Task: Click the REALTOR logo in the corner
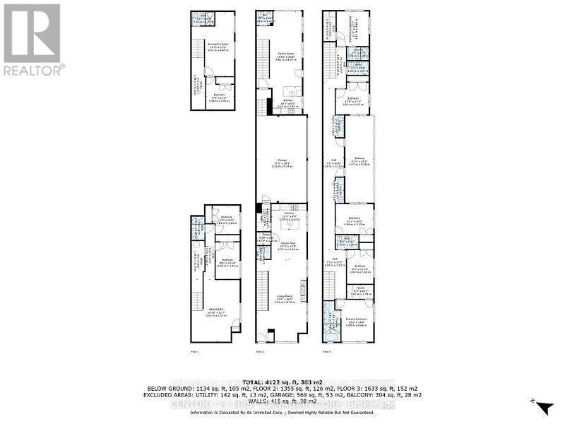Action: [x=32, y=39]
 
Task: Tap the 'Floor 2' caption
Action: [x=259, y=351]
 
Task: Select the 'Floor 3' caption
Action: [x=327, y=351]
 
